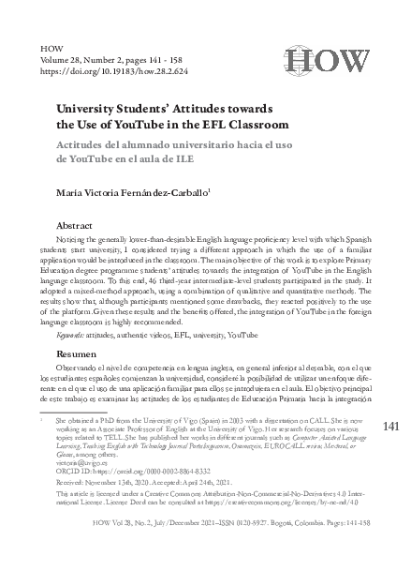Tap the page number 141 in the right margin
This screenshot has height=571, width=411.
coord(392,427)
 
